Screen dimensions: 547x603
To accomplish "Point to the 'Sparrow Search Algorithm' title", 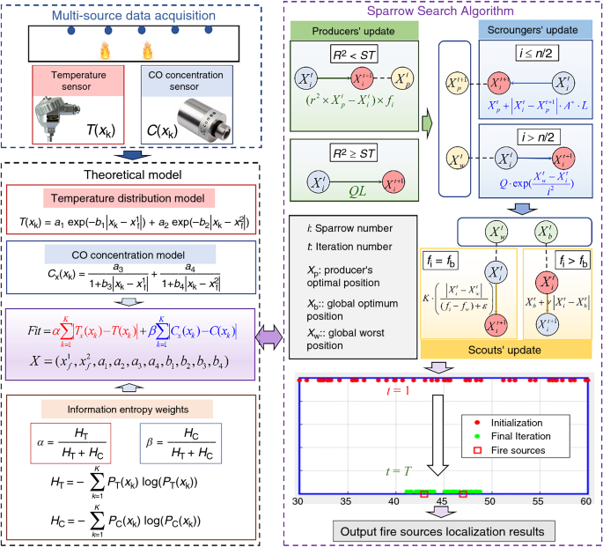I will [x=438, y=10].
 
